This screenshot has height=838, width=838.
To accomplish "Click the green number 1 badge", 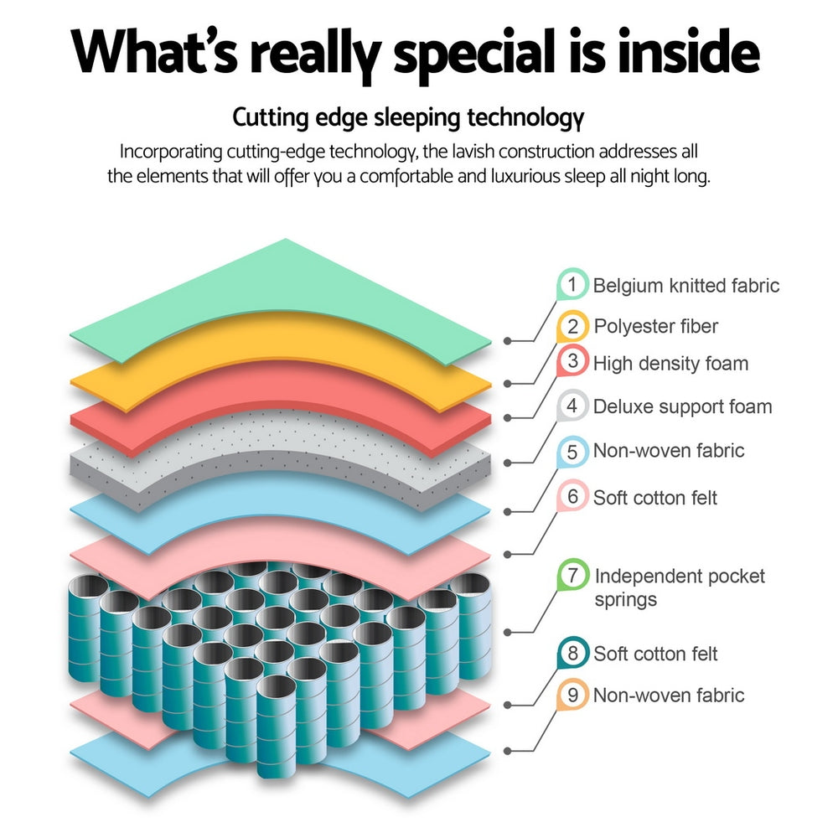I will pyautogui.click(x=572, y=285).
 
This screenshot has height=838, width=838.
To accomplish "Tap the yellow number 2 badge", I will pyautogui.click(x=572, y=326).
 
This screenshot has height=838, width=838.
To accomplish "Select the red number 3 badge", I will pyautogui.click(x=572, y=362).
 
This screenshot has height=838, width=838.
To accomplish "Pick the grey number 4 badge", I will pyautogui.click(x=572, y=406).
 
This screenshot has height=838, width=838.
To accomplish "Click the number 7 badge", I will pyautogui.click(x=572, y=577).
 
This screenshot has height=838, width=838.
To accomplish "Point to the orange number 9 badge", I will pyautogui.click(x=572, y=695).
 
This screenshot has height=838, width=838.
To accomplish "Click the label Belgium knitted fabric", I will pyautogui.click(x=686, y=286).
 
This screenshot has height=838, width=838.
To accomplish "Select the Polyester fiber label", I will pyautogui.click(x=655, y=326).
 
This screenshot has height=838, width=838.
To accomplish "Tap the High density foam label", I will pyautogui.click(x=670, y=363).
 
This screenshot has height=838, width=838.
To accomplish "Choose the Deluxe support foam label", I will pyautogui.click(x=682, y=407).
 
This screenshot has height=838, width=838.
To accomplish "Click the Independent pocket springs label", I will pyautogui.click(x=679, y=587).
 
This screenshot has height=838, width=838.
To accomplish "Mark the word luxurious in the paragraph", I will pyautogui.click(x=518, y=178).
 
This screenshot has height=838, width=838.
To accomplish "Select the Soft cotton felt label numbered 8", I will pyautogui.click(x=655, y=654).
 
